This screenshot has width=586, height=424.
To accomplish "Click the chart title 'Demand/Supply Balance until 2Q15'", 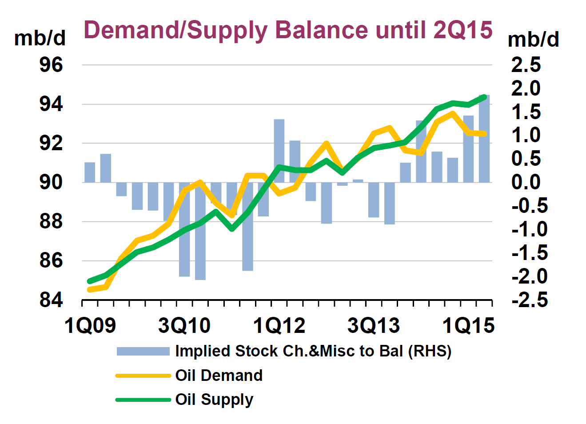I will (288, 30).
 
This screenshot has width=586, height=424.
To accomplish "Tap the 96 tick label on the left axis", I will (52, 65).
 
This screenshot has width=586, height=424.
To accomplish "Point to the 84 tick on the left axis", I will (52, 300).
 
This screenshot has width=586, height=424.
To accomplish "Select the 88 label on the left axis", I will (52, 221).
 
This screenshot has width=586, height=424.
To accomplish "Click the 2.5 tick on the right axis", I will (526, 65).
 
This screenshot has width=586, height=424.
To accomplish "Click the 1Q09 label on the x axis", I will (90, 326).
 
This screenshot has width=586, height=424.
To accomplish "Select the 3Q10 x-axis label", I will (184, 326).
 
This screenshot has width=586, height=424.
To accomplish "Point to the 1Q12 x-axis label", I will (279, 326).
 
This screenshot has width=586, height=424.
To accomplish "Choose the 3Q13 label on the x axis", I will (374, 326).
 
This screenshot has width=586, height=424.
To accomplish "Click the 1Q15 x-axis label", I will (468, 326).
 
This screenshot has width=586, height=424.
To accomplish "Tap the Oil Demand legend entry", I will (219, 376).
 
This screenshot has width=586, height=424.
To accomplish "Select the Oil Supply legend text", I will (214, 400).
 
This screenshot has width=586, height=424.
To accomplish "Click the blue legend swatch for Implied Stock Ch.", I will (143, 352).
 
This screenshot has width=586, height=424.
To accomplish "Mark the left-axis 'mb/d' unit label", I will (40, 38).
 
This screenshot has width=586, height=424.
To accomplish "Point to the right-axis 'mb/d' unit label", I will (533, 40).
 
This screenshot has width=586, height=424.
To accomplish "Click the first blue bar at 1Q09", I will (90, 172).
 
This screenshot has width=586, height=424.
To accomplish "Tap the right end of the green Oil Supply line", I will (484, 96).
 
